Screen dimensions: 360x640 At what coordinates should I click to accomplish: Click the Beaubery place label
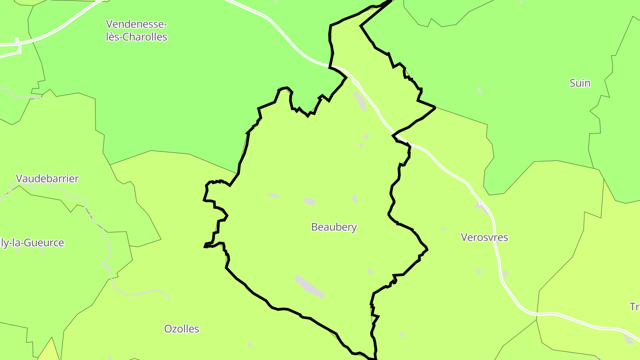[334, 227]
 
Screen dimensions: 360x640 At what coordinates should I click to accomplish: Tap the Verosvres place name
[484, 237]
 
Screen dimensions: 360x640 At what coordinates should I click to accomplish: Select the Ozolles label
[182, 329]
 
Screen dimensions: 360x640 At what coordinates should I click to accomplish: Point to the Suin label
[580, 83]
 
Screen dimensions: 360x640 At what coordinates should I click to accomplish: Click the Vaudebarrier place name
[47, 179]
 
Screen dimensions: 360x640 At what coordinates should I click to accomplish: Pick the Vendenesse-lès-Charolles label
[136, 30]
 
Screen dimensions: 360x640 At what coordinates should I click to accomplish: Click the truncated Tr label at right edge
[635, 307]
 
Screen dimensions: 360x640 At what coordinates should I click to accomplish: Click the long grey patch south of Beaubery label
[309, 286]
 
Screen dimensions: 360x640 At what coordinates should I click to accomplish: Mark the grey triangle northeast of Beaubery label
[354, 198]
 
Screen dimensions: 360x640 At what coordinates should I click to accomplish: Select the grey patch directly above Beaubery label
[310, 201]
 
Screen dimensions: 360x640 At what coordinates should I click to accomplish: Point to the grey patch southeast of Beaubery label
[370, 271]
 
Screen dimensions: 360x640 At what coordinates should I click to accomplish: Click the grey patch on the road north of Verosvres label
[481, 206]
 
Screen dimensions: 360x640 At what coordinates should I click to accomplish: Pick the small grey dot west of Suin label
[480, 91]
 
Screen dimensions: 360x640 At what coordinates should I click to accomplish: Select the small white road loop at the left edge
[18, 46]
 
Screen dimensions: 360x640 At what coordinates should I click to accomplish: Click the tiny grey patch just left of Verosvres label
[443, 229]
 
